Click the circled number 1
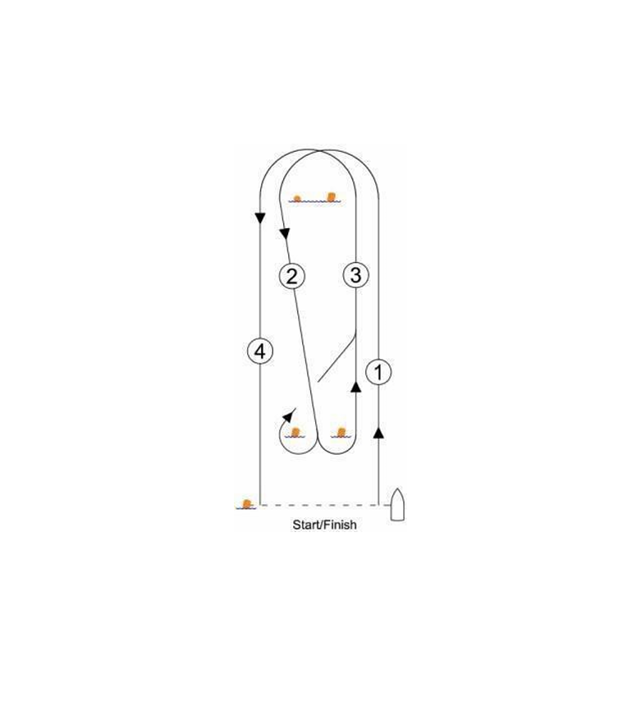[378, 372]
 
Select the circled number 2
[292, 276]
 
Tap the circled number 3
[355, 275]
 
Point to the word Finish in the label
[341, 525]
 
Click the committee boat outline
[397, 504]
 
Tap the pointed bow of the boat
[397, 489]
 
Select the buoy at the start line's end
[246, 504]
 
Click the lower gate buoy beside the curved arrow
[295, 433]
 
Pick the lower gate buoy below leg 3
[341, 433]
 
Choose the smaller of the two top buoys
[297, 199]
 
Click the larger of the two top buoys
[331, 197]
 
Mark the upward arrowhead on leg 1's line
[378, 433]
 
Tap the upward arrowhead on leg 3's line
[355, 387]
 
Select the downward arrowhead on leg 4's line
[260, 218]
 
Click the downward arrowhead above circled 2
[285, 233]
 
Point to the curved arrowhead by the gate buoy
[289, 415]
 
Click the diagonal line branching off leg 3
[337, 358]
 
